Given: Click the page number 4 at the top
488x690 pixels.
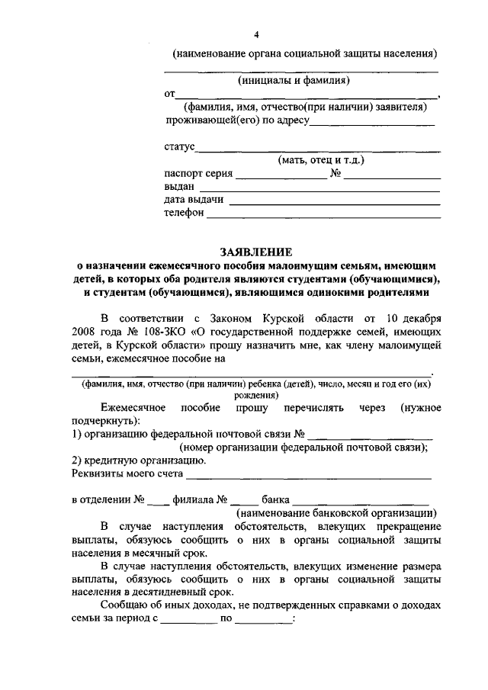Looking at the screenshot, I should pyautogui.click(x=256, y=35).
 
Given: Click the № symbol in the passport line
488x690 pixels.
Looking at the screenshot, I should pyautogui.click(x=335, y=174).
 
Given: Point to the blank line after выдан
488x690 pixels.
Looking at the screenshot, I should pyautogui.click(x=319, y=187).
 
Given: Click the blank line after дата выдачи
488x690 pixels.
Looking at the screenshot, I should pyautogui.click(x=334, y=201).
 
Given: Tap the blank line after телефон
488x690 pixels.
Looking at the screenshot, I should pyautogui.click(x=323, y=214).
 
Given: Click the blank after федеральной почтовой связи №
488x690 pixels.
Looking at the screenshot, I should pyautogui.click(x=369, y=435).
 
